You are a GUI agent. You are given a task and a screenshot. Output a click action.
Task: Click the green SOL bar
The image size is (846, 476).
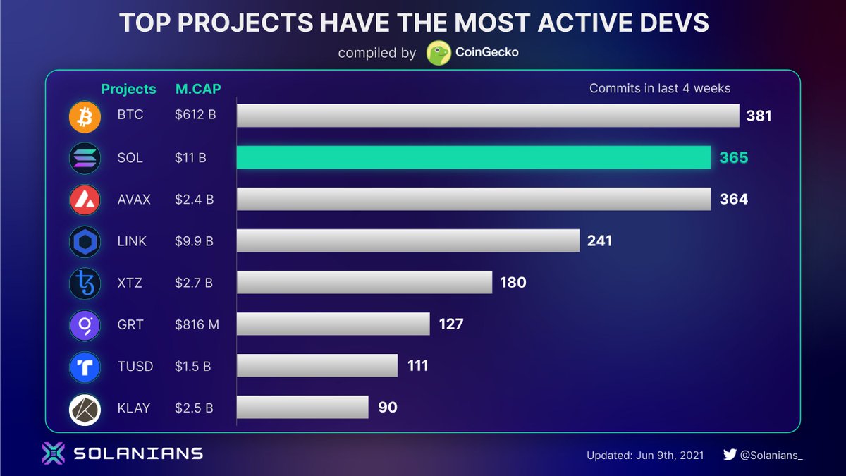pos(473,157)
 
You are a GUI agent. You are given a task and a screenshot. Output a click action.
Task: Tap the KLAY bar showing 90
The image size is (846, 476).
pos(302,407)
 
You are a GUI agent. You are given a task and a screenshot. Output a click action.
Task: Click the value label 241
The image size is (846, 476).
pos(599,241)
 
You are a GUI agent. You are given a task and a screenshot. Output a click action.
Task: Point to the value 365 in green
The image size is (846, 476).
pos(733,158)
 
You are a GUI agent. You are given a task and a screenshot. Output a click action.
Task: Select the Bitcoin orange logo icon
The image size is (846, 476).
pos(85,116)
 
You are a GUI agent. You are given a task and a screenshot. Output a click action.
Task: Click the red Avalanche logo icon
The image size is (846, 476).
pos(85,200)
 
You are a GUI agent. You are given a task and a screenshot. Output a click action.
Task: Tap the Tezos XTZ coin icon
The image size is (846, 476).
pos(85,283)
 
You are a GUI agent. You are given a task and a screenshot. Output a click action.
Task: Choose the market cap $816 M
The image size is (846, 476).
pos(197,324)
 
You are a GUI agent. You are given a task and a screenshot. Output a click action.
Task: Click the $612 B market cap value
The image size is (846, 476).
pos(195,115)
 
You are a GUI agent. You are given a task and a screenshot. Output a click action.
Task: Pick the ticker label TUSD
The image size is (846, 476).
pos(134,366)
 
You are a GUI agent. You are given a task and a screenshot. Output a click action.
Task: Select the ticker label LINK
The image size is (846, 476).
pos(133,241)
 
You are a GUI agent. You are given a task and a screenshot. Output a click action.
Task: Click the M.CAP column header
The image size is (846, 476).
pos(197,89)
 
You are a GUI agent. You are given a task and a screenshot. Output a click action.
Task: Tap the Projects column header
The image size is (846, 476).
pos(128,89)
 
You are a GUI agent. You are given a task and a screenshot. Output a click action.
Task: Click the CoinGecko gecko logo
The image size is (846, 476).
pos(439,54)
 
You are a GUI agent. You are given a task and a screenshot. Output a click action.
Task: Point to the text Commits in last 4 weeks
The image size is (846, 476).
pos(659,88)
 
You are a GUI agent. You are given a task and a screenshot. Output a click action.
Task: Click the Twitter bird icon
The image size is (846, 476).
pos(730,455)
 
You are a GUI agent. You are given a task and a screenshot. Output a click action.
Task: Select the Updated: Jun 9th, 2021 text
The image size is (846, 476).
pos(646,456)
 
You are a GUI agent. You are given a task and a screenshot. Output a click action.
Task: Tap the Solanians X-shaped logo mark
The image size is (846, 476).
pos(54,453)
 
